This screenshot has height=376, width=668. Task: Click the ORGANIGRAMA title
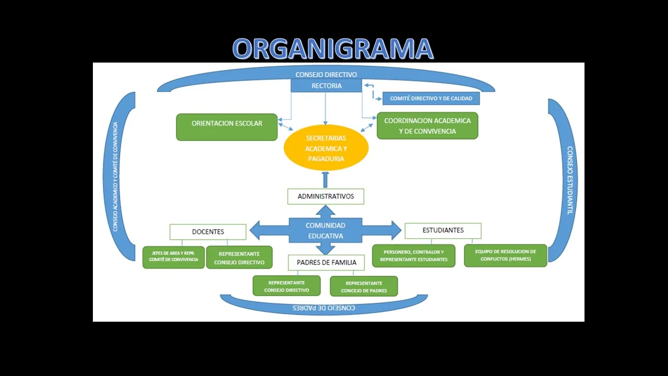click(333, 49)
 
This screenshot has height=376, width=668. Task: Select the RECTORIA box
click(326, 86)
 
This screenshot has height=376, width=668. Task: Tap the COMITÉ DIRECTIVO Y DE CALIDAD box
click(431, 99)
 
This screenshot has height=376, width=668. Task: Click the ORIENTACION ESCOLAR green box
click(226, 127)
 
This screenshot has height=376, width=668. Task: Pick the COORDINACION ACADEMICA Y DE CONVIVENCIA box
click(427, 126)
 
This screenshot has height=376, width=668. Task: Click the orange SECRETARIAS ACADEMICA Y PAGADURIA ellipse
click(326, 148)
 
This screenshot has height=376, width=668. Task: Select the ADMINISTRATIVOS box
click(326, 196)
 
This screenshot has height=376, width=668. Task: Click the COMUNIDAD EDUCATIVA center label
click(325, 231)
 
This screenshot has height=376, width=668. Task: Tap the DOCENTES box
click(208, 232)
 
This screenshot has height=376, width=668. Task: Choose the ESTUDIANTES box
click(443, 230)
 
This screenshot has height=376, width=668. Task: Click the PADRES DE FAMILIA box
click(326, 263)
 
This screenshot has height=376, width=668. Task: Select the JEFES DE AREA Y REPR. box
click(174, 257)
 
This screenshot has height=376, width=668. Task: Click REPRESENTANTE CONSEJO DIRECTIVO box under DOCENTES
click(239, 257)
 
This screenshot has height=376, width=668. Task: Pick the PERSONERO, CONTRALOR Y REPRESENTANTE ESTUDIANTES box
click(414, 256)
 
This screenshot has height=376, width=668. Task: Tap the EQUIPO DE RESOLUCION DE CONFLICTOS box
click(506, 255)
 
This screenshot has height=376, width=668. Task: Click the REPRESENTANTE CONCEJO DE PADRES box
click(364, 286)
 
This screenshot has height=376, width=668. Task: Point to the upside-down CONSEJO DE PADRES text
click(324, 308)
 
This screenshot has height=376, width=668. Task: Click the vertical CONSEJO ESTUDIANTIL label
click(569, 180)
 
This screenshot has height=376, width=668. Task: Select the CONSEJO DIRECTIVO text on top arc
click(326, 75)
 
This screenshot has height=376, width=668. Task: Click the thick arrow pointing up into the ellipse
click(325, 180)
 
